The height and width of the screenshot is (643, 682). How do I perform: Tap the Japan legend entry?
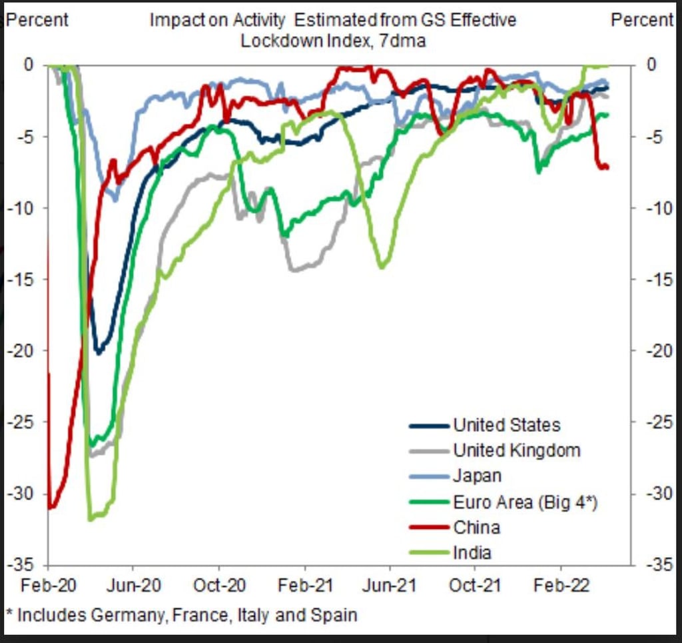pyautogui.click(x=477, y=476)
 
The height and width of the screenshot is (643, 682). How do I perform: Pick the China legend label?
pyautogui.click(x=476, y=527)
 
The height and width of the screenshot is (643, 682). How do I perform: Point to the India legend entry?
pyautogui.click(x=472, y=552)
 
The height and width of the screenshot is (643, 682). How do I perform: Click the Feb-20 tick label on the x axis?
pyautogui.click(x=48, y=586)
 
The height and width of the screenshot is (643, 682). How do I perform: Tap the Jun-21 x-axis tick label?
pyautogui.click(x=390, y=586)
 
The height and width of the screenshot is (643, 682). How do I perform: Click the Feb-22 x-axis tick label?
pyautogui.click(x=560, y=586)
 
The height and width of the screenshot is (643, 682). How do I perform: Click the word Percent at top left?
pyautogui.click(x=37, y=20)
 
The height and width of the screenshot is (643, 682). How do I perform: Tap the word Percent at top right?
pyautogui.click(x=642, y=20)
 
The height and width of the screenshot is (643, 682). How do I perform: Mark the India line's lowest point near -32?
pyautogui.click(x=91, y=518)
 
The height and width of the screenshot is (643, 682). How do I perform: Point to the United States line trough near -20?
pyautogui.click(x=99, y=352)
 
